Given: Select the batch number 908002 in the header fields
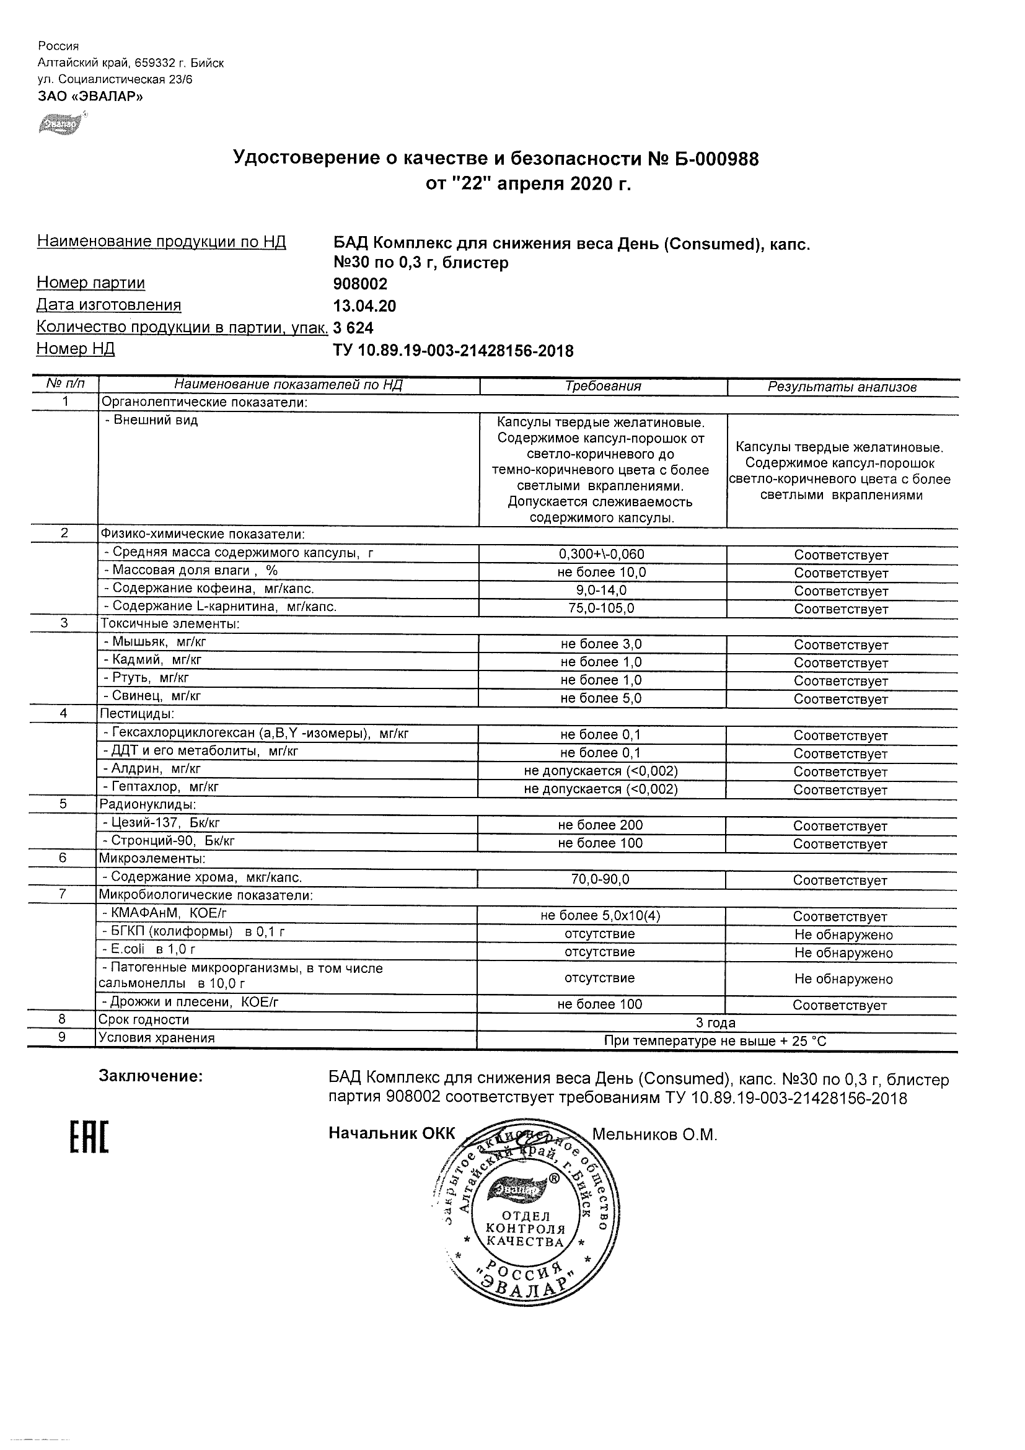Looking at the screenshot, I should coord(360,284).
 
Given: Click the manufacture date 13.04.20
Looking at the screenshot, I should coord(364,306).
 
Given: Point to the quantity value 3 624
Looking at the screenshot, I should coord(353,328).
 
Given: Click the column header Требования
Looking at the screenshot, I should coord(602,387).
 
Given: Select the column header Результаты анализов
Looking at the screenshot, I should coord(842,387).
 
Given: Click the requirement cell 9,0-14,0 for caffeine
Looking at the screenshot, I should coord(601,591).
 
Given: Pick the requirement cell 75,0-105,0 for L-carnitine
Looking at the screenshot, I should coord(601,608).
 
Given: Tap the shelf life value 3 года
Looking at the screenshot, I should coord(715,1022).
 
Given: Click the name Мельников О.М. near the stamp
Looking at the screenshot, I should coord(654,1134).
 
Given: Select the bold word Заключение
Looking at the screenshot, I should coord(151,1076).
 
